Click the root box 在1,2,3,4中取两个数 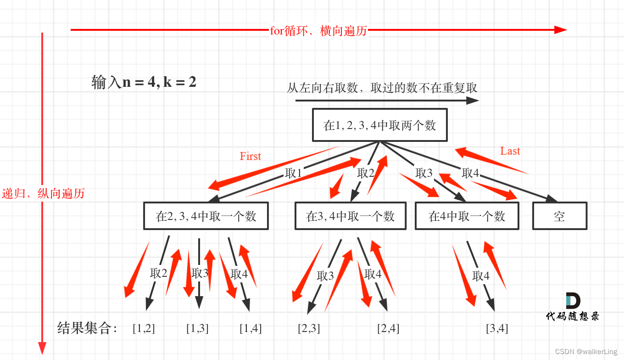(x=379, y=125)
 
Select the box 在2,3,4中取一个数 (x=206, y=216)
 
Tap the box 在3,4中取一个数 (x=351, y=216)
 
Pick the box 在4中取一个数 (x=467, y=216)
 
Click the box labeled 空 (x=559, y=216)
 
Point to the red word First (x=250, y=156)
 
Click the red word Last (x=510, y=151)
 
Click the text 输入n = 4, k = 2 (x=144, y=83)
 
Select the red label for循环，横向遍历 (x=318, y=31)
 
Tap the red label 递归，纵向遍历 (x=43, y=193)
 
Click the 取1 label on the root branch (x=294, y=173)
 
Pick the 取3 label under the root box (x=424, y=173)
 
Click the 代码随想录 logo (x=573, y=307)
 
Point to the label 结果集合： (x=88, y=328)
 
